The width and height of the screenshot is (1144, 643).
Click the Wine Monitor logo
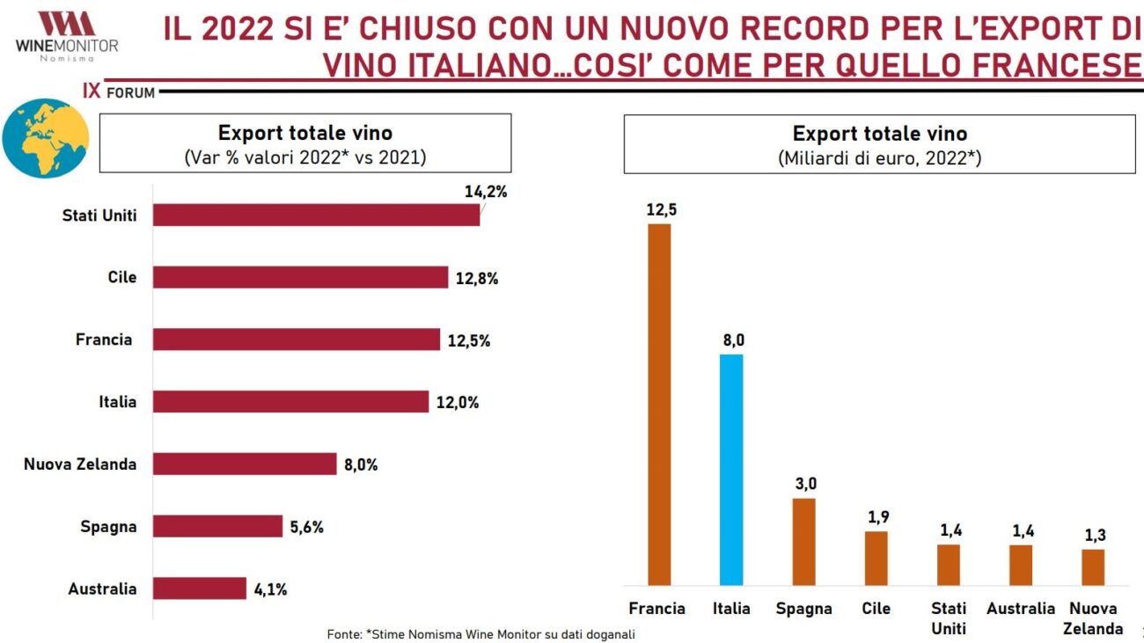coord(66,35)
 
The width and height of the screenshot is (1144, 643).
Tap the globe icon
coord(46,138)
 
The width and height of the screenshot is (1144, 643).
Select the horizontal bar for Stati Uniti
coord(316,215)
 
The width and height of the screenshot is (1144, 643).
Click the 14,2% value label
coord(486,191)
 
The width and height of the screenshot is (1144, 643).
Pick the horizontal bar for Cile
coord(300,277)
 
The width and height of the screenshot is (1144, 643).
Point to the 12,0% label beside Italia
coord(458,402)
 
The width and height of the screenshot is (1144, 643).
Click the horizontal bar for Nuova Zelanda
coord(245,464)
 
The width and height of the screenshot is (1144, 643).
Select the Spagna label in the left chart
coord(108,527)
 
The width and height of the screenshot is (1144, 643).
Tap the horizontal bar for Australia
coord(199,588)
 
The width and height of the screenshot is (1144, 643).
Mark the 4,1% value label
coord(271,589)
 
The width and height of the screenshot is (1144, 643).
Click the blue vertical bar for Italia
coord(731,470)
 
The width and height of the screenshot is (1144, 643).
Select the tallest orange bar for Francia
coord(659,405)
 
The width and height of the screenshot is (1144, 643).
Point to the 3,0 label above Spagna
coord(803,484)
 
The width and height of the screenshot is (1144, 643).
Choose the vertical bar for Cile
coord(876,559)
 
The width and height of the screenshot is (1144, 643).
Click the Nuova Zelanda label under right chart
coord(1092,618)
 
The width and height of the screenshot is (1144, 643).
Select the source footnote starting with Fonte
coord(480,633)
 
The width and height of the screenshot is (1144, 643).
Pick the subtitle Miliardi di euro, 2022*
coord(879,158)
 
